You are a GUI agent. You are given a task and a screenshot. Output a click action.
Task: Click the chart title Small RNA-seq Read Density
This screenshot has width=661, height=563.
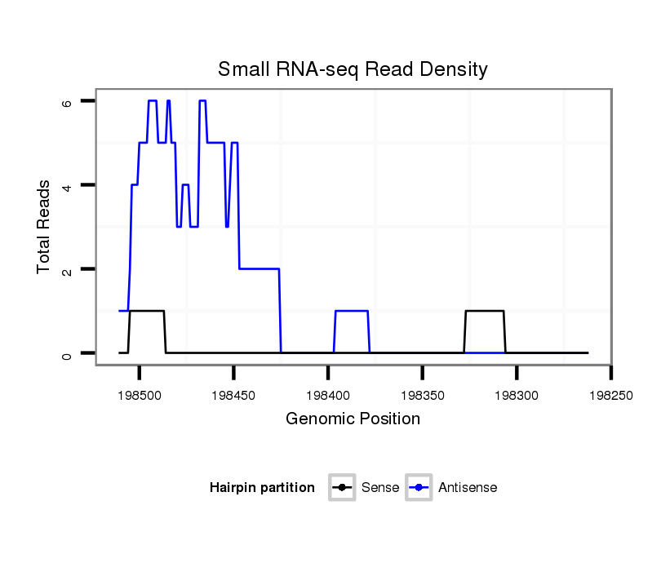353,69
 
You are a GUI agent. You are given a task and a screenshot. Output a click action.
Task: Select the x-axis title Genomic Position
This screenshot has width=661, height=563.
353,419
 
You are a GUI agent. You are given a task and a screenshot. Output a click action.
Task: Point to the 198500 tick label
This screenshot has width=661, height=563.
140,394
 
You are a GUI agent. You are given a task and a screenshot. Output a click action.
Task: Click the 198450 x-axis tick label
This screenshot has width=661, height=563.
233,394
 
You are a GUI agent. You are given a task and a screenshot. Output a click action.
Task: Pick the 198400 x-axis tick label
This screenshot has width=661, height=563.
328,394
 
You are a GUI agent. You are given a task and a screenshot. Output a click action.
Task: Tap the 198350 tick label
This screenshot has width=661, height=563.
422,394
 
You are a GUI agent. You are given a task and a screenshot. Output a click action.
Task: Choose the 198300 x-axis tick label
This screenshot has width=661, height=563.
517,394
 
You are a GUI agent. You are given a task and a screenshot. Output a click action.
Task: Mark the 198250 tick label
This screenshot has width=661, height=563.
610,394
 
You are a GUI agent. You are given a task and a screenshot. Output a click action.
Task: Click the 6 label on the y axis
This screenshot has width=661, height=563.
67,101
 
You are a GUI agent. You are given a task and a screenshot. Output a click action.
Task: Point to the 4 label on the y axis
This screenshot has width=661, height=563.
67,185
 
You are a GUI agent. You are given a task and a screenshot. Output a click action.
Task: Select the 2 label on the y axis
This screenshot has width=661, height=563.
67,269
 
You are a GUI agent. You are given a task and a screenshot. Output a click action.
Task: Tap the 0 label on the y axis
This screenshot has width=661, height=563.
67,353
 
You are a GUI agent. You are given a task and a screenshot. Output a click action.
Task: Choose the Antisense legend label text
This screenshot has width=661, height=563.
468,488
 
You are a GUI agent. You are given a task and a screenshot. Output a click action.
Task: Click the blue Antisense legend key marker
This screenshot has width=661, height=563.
419,488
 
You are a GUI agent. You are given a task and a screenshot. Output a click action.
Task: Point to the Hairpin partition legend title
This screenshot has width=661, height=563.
262,488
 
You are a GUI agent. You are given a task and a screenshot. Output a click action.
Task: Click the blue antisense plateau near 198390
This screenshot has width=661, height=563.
352,311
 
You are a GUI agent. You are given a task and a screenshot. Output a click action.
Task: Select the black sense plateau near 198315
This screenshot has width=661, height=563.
485,311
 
